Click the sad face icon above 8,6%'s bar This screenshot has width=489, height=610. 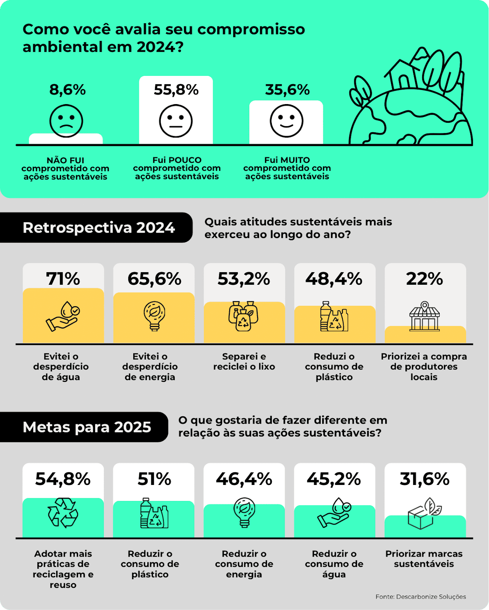(66, 121)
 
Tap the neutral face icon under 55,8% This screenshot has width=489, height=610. (176, 121)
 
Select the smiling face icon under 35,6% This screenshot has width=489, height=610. (287, 121)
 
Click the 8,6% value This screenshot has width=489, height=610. (68, 90)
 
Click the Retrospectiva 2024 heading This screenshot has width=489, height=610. (98, 228)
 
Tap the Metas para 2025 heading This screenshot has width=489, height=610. (87, 427)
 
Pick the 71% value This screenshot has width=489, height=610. (63, 279)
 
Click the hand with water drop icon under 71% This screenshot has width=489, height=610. (63, 316)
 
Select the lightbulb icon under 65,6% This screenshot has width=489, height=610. (154, 316)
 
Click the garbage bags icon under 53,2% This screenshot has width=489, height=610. (244, 316)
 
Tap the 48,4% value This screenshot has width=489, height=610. (334, 279)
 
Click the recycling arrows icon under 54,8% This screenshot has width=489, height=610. (63, 513)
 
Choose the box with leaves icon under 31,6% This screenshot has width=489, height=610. (424, 514)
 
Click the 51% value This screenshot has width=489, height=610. (154, 479)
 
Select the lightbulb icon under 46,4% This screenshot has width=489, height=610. (244, 513)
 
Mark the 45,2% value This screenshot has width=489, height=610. (334, 479)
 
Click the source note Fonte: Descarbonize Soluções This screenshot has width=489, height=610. (421, 597)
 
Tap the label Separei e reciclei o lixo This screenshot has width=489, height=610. (244, 361)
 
